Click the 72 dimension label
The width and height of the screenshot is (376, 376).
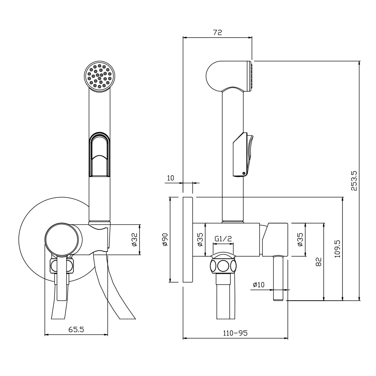pyautogui.click(x=217, y=32)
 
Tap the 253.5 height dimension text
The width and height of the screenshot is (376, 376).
pyautogui.click(x=354, y=181)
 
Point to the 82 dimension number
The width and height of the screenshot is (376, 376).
pyautogui.click(x=318, y=262)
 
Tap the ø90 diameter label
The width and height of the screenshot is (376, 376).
pyautogui.click(x=165, y=239)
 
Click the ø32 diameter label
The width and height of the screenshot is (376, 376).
pyautogui.click(x=135, y=240)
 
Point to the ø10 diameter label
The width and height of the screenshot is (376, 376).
pyautogui.click(x=258, y=285)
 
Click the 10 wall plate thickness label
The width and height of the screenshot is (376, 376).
pyautogui.click(x=170, y=178)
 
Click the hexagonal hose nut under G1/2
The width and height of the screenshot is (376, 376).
pyautogui.click(x=223, y=266)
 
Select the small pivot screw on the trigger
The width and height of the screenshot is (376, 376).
pyautogui.click(x=244, y=173)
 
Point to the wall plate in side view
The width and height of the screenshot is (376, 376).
pyautogui.click(x=188, y=239)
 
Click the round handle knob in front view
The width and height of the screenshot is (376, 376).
pyautogui.click(x=62, y=239)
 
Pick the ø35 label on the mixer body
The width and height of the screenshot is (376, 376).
pyautogui.click(x=200, y=239)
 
